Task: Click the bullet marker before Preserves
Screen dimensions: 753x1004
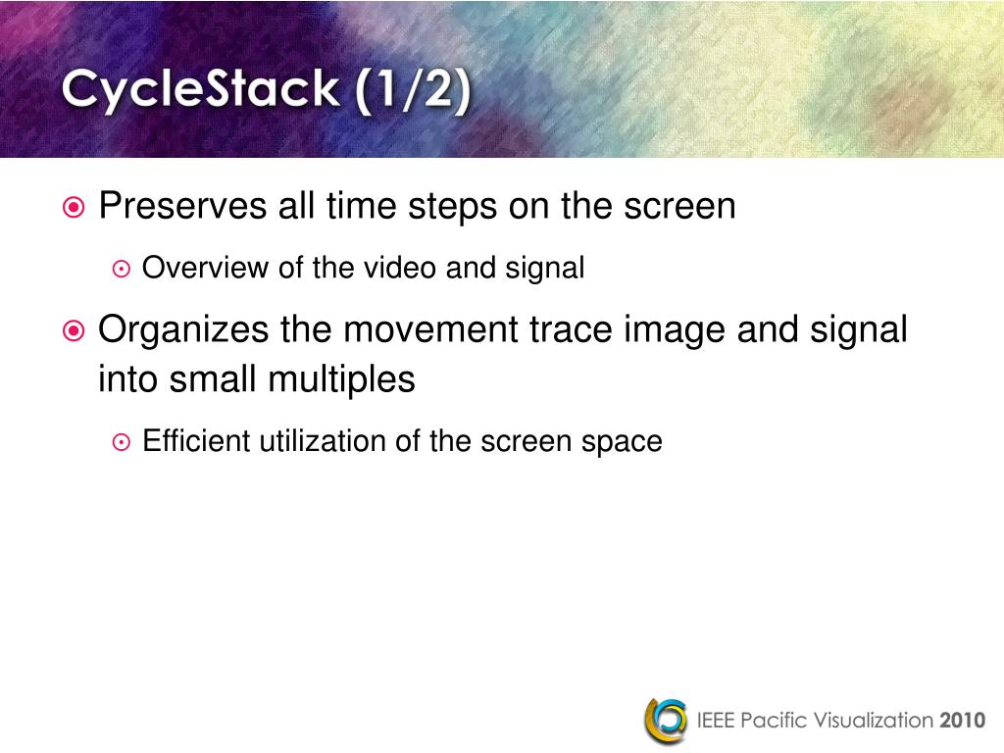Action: [x=74, y=208]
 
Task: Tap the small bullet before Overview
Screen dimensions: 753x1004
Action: [x=121, y=269]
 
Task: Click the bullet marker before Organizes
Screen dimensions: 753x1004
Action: [x=74, y=331]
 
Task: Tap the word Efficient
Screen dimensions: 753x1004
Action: [x=197, y=441]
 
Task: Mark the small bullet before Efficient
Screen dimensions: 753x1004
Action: [x=121, y=442]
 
